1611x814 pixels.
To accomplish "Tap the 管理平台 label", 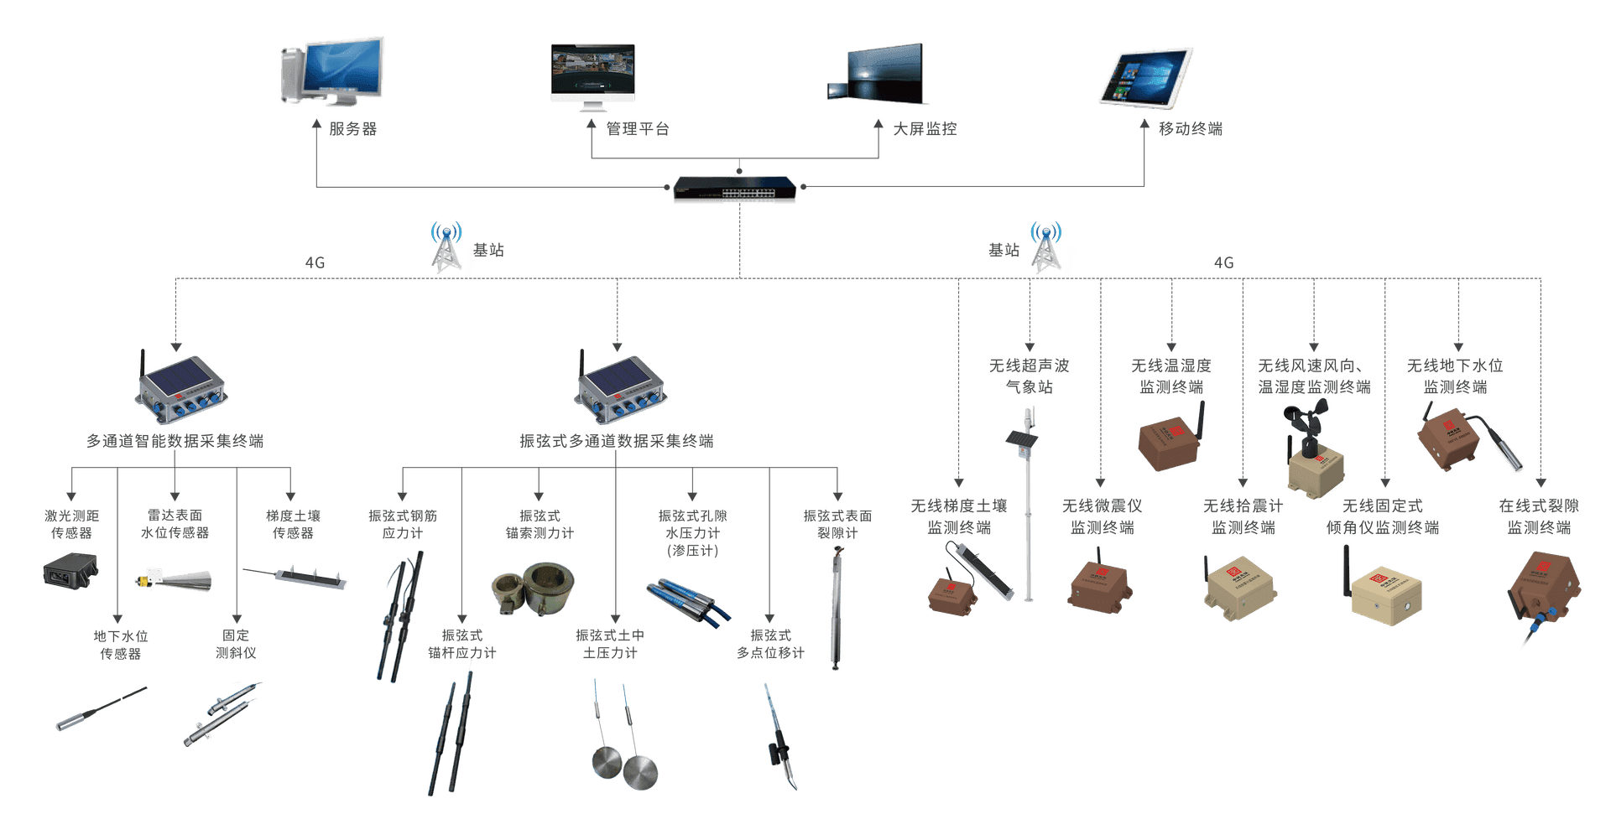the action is (638, 129).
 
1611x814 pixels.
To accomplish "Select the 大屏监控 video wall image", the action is (875, 73).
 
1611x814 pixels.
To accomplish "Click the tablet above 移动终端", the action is (1146, 78).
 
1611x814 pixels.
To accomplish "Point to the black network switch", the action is (735, 189).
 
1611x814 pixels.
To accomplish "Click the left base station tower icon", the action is (446, 246).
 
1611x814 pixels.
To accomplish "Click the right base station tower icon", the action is (1046, 246).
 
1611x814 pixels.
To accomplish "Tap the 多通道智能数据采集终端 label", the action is (175, 441).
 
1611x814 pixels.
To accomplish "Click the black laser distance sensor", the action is (70, 571).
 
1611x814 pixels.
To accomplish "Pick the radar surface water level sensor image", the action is (174, 580).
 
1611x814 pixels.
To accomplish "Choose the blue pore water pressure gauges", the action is (689, 602).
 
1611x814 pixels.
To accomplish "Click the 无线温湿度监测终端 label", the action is (1171, 376).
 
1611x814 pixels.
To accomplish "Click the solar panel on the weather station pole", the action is (1021, 438).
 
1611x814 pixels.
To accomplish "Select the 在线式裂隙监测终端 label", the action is (1539, 516).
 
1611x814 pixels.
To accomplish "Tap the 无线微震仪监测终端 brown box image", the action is (1100, 584).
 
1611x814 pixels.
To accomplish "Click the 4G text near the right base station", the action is (1224, 263).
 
